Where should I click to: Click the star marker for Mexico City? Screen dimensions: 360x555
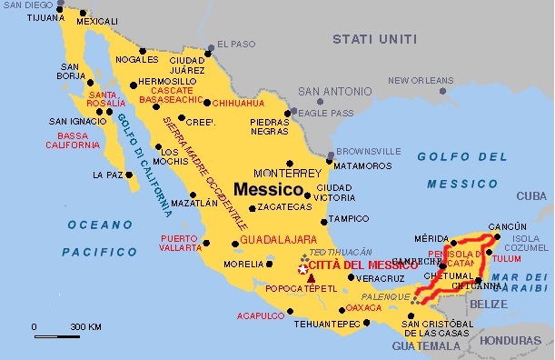(x=302, y=270)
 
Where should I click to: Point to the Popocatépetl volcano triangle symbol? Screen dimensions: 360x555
(x=312, y=277)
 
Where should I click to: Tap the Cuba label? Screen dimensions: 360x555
(x=531, y=195)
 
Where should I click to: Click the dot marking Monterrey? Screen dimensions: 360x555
(x=290, y=162)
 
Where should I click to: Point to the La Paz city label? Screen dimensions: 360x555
(x=107, y=174)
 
